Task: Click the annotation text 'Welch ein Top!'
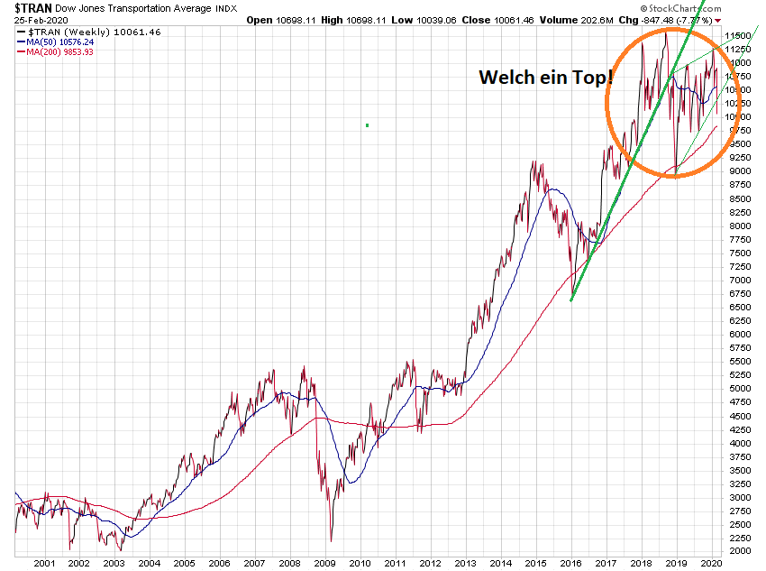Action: [545, 78]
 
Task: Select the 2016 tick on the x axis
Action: [571, 563]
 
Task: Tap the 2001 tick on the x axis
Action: [45, 563]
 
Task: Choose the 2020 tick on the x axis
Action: [712, 563]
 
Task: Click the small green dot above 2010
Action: [368, 124]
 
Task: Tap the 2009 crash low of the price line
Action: [330, 541]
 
